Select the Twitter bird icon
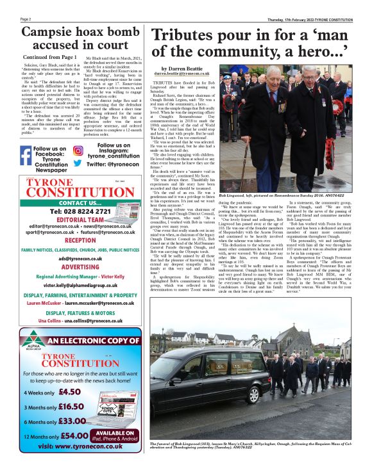tap(78, 163)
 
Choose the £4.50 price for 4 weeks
tap(69, 392)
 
